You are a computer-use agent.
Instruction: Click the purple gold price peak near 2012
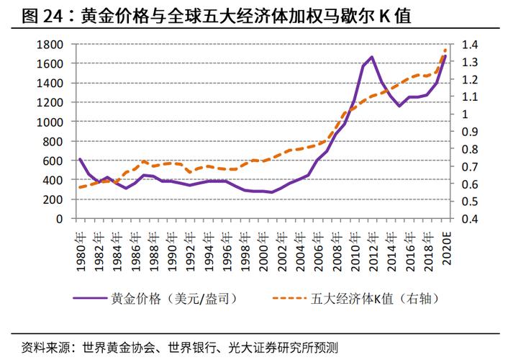[x=372, y=57]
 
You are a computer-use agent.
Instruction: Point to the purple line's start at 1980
[x=79, y=159]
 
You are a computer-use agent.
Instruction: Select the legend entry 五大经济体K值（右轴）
[x=385, y=297]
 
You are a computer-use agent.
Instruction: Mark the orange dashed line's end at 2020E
[x=445, y=50]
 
